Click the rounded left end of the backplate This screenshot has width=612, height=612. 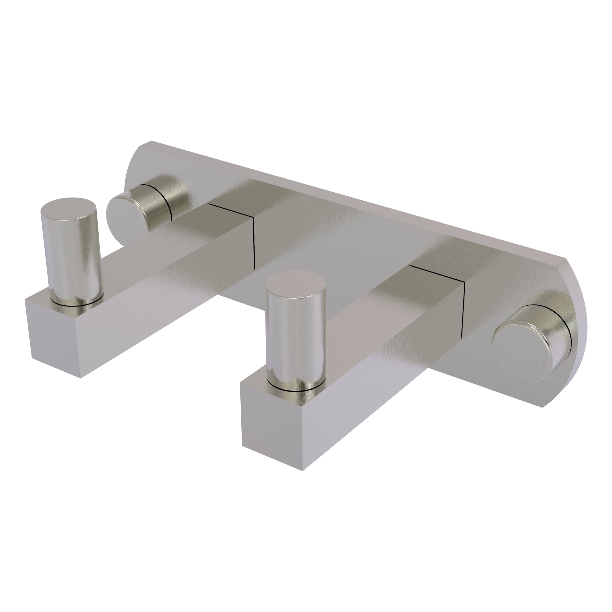[x=133, y=168]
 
